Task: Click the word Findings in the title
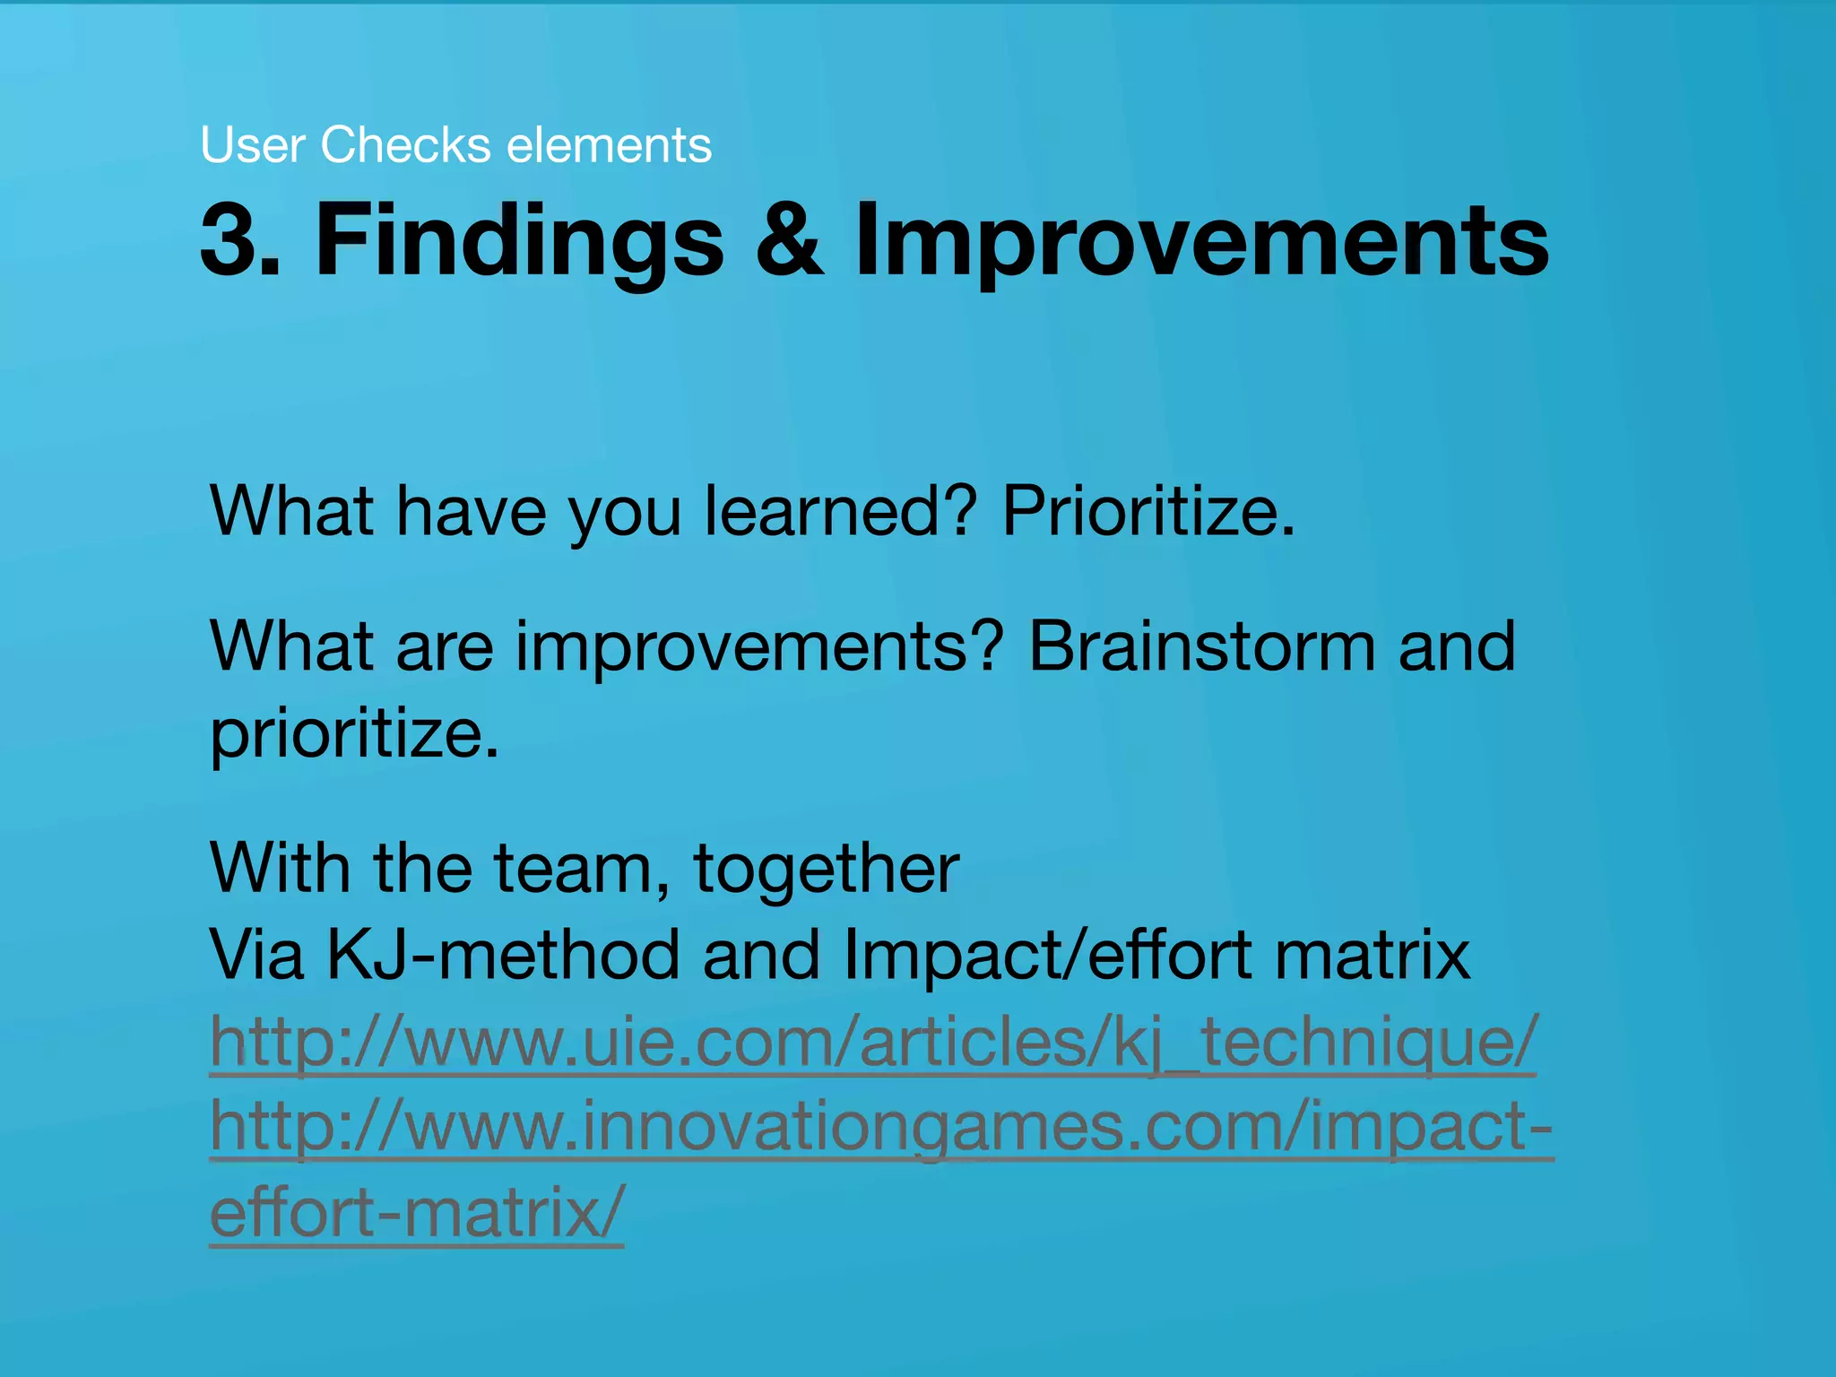point(519,240)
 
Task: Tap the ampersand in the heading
point(788,240)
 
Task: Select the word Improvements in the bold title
point(1201,240)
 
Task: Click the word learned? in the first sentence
point(839,511)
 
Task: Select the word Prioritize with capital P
point(1148,511)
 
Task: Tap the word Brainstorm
point(1201,646)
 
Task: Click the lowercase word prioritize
point(353,733)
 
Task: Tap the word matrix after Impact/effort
point(1372,955)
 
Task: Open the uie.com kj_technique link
point(873,1042)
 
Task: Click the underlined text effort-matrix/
point(416,1213)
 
